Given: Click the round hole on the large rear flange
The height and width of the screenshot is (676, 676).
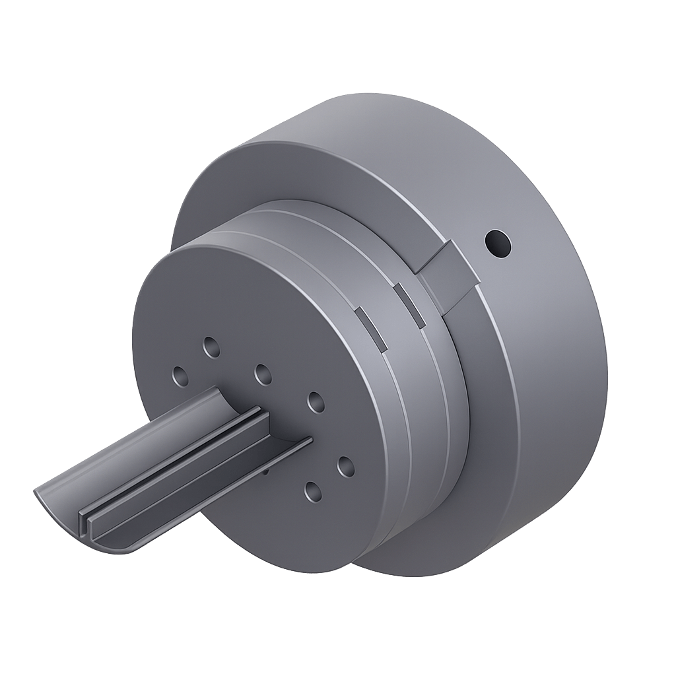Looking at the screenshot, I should pyautogui.click(x=497, y=244).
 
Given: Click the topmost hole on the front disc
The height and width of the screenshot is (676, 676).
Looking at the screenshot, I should pyautogui.click(x=212, y=346).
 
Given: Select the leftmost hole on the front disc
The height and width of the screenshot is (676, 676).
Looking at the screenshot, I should pyautogui.click(x=179, y=376).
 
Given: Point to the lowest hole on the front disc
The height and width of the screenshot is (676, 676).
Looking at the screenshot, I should pyautogui.click(x=314, y=490).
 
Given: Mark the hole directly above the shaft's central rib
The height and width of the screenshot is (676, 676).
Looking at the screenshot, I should pyautogui.click(x=263, y=374).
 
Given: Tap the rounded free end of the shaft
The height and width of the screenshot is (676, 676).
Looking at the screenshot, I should pyautogui.click(x=99, y=541).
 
